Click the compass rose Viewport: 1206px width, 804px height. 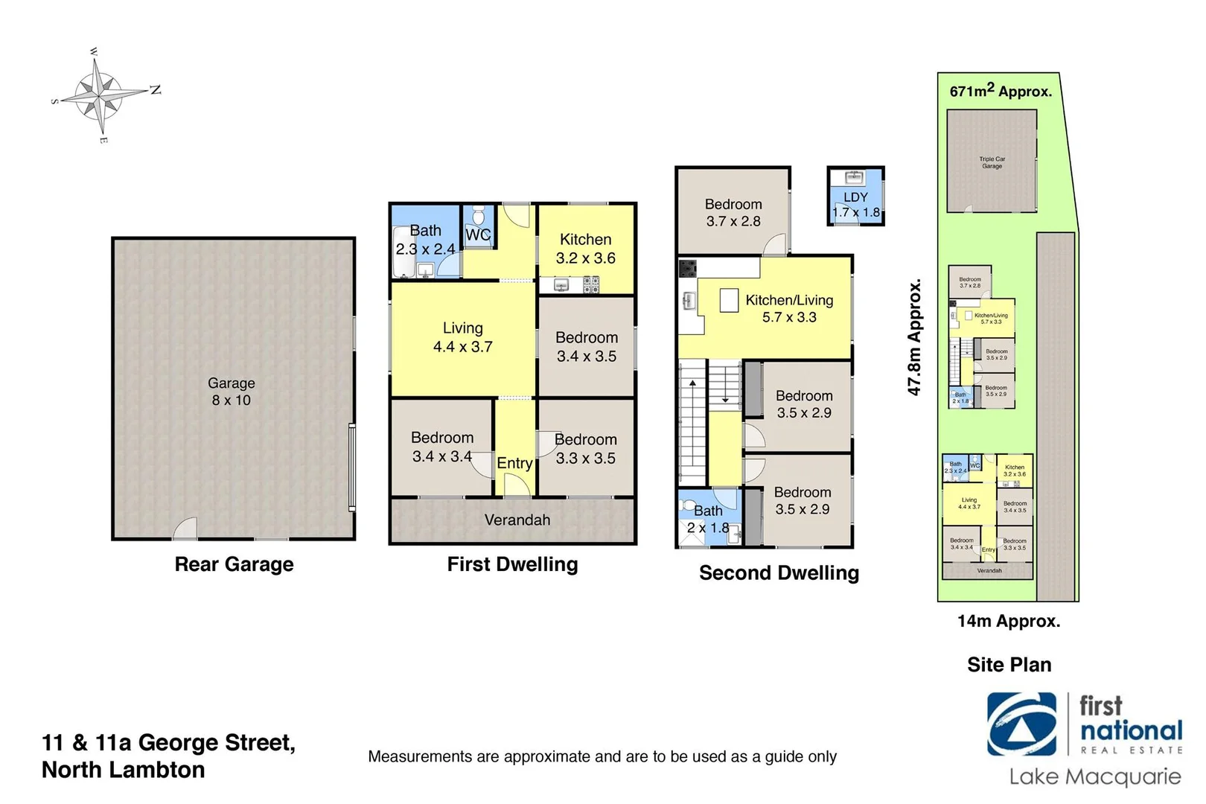coord(100,95)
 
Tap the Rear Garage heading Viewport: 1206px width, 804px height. coord(234,564)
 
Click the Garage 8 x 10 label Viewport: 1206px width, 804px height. coord(231,392)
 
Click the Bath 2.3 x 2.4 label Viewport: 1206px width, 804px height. coord(425,240)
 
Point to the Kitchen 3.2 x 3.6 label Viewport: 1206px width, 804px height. coord(586,249)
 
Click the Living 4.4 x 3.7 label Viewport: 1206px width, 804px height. coord(462,337)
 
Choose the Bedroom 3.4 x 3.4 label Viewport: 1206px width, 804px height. coord(442,447)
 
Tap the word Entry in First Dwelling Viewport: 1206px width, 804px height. coord(514,463)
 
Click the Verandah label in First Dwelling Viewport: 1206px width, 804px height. coord(517,520)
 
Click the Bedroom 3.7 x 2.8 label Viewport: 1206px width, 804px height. coord(733,212)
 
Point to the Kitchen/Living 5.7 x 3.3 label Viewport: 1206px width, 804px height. coord(789,308)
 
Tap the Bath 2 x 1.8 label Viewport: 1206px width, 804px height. coord(708,519)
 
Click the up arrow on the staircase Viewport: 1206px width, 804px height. coord(692,383)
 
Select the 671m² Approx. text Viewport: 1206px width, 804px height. coord(1001,92)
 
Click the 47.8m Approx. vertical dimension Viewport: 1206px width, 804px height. coord(914,337)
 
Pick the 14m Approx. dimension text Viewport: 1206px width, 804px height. coord(1009,621)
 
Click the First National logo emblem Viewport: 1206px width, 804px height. coord(1021,724)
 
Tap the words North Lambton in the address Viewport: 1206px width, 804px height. coord(124,770)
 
